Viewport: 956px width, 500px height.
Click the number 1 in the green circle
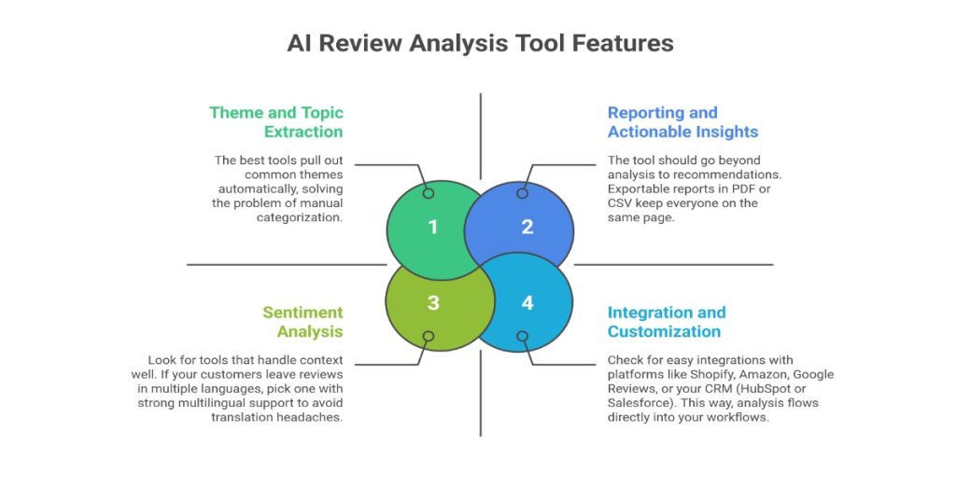(432, 227)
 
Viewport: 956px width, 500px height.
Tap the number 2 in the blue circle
(527, 227)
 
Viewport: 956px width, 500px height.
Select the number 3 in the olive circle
(432, 303)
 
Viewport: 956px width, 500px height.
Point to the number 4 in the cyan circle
(527, 303)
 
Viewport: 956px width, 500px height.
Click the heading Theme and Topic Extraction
(276, 122)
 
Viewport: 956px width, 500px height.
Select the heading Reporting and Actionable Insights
(682, 122)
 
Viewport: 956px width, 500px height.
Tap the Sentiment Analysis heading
(302, 322)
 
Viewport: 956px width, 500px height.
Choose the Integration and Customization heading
(667, 322)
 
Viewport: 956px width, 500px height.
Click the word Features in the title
(620, 44)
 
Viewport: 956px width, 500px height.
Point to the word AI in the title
(301, 44)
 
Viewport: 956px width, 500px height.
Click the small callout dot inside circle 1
(429, 193)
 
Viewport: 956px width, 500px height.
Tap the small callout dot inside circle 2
(523, 193)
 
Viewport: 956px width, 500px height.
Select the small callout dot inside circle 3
(429, 336)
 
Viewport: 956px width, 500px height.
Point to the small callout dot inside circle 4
(523, 336)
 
